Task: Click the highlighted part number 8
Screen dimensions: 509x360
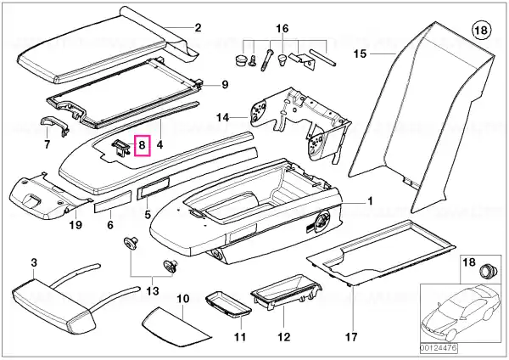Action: point(143,145)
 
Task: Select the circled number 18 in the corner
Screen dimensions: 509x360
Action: point(481,31)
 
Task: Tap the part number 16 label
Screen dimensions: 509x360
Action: point(282,29)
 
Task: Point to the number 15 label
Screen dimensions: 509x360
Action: point(360,53)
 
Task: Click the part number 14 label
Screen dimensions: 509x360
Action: point(222,117)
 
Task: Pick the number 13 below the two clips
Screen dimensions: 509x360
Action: point(153,290)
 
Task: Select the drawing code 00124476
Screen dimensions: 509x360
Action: point(439,348)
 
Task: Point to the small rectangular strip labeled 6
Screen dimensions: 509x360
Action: point(112,201)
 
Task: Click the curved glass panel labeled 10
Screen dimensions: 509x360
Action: point(177,327)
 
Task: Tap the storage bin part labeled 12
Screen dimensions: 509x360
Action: point(287,290)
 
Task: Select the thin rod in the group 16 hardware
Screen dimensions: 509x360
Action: point(322,57)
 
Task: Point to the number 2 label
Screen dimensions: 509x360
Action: point(198,28)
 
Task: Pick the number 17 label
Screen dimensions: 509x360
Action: point(351,337)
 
